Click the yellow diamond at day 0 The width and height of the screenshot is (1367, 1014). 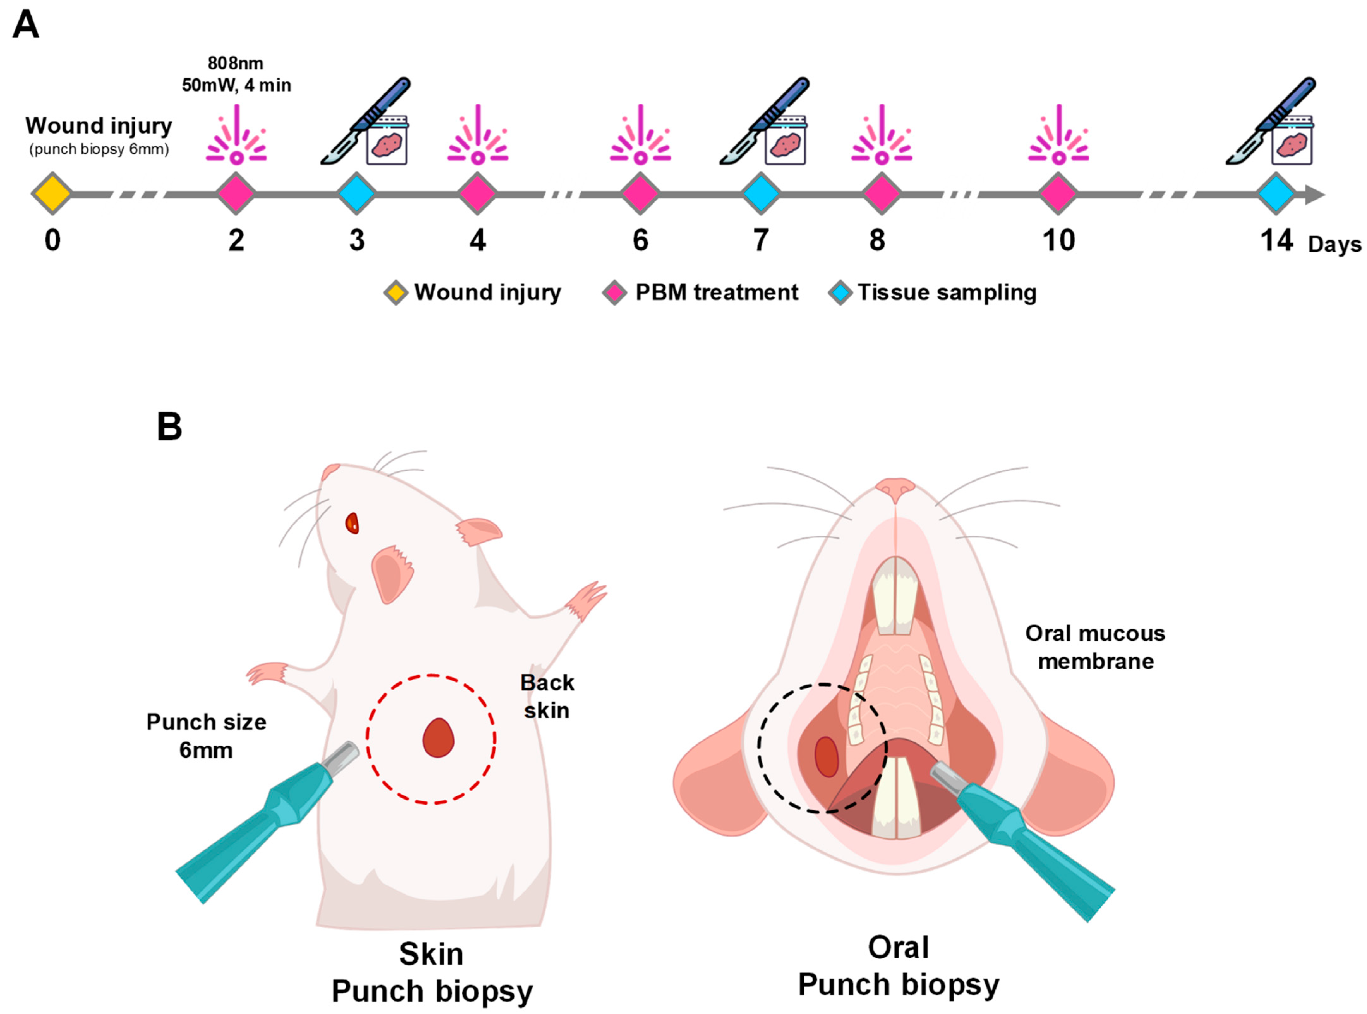point(52,193)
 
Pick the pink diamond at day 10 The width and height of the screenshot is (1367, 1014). point(1058,193)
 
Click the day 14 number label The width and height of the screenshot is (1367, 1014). point(1276,240)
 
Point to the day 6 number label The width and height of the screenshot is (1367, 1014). point(640,240)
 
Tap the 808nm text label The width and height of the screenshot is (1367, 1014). point(236,63)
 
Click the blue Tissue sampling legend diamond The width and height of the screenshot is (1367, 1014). point(840,293)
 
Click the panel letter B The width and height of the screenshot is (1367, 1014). point(169,427)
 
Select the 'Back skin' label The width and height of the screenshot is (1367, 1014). point(546,696)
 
